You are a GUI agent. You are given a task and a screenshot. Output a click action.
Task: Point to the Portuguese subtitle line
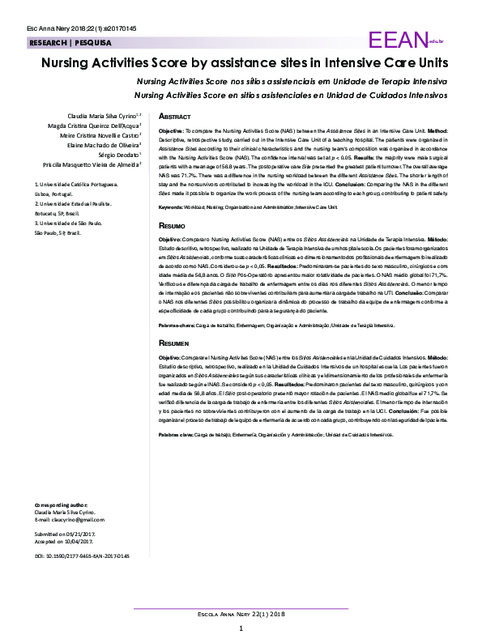pos(291,83)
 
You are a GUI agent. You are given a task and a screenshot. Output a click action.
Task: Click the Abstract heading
pos(175,117)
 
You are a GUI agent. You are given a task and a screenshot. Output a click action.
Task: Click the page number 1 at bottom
pos(241,628)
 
